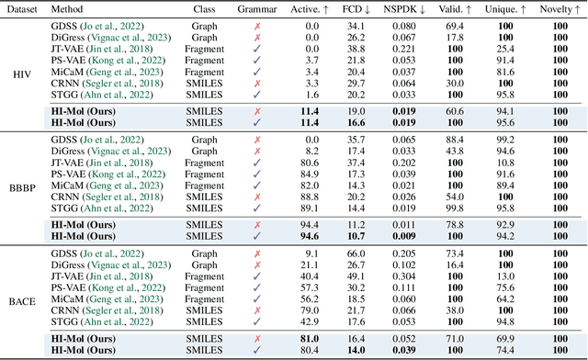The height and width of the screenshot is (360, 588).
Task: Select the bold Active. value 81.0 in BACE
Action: coord(310,339)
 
